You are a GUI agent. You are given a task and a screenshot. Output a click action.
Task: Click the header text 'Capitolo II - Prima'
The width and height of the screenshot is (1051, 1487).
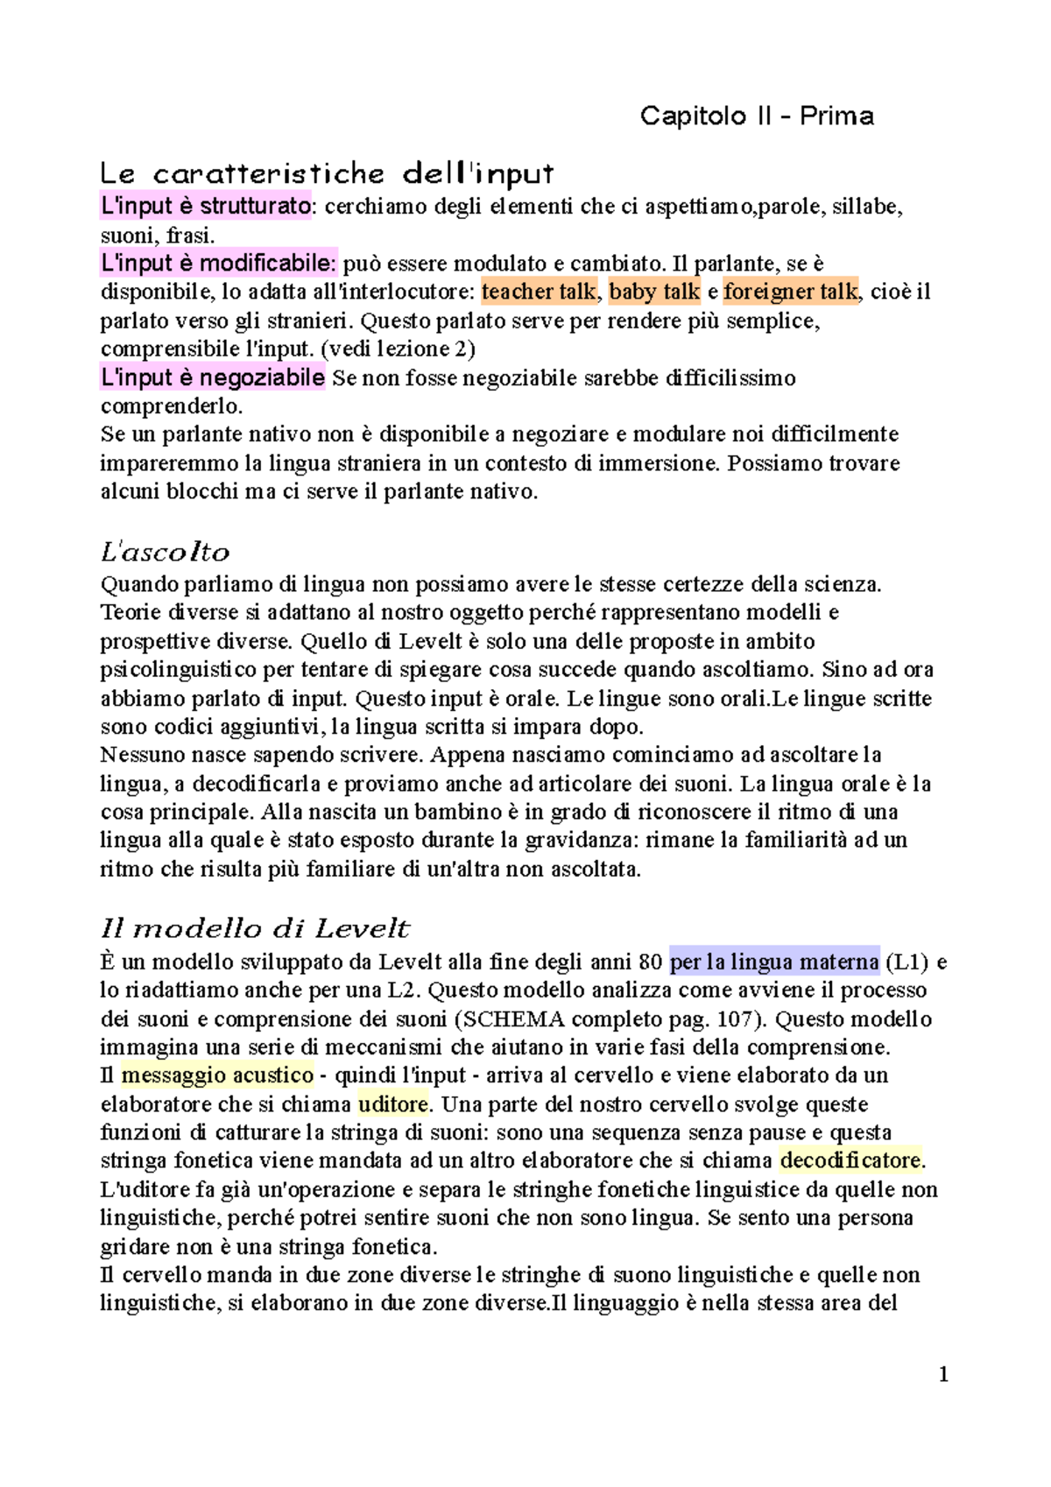click(x=757, y=116)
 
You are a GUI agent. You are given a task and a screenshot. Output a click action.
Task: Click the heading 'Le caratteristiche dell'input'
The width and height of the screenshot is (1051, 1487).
click(x=327, y=173)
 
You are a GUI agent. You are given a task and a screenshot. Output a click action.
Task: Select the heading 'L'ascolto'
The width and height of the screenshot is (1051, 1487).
click(x=165, y=552)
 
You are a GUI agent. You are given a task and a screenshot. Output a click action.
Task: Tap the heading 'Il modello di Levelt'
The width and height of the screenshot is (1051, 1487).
click(x=255, y=928)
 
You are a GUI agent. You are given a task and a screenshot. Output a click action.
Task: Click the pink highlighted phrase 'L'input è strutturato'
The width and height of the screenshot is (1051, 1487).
click(x=206, y=206)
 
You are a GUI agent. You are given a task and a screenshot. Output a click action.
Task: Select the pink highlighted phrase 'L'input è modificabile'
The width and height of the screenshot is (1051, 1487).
click(x=219, y=263)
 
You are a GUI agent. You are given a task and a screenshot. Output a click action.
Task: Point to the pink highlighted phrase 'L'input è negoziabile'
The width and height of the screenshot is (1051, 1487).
click(x=213, y=377)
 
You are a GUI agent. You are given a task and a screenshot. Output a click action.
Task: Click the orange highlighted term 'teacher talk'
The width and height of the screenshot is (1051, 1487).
click(x=539, y=292)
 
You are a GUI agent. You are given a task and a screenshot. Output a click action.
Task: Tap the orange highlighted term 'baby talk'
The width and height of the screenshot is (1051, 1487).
click(x=654, y=292)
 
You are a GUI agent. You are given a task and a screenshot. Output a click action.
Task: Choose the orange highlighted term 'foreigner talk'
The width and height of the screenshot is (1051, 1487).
click(x=791, y=292)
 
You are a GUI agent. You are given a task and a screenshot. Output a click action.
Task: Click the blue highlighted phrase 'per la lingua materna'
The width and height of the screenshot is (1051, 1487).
click(x=774, y=962)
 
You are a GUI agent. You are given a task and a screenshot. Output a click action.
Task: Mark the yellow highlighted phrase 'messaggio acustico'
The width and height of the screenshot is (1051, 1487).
click(x=217, y=1075)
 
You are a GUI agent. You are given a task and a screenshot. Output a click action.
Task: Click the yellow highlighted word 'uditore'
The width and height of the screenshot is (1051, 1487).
click(x=393, y=1103)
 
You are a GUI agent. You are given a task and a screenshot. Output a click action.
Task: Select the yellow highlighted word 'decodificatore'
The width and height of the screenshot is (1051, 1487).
click(x=851, y=1160)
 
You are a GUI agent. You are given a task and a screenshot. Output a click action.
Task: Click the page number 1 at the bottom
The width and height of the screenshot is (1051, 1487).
click(x=943, y=1374)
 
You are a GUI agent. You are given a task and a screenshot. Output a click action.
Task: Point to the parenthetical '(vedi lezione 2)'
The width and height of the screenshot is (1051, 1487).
click(x=399, y=349)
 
